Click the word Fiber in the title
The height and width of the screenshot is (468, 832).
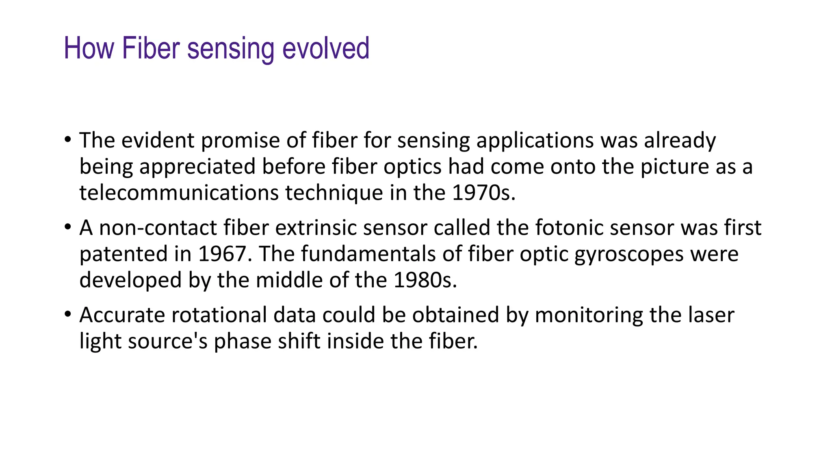(x=150, y=48)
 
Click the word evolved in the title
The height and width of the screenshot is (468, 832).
(x=325, y=48)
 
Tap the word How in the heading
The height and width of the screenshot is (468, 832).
(x=89, y=48)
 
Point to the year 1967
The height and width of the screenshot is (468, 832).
(x=222, y=254)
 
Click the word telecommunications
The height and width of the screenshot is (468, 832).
(x=179, y=193)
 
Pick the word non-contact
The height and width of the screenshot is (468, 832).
(x=158, y=228)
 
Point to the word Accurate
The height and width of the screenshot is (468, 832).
(x=122, y=315)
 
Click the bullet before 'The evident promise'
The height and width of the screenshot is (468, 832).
(x=68, y=140)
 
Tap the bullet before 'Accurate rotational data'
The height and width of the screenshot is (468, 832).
(x=68, y=314)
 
